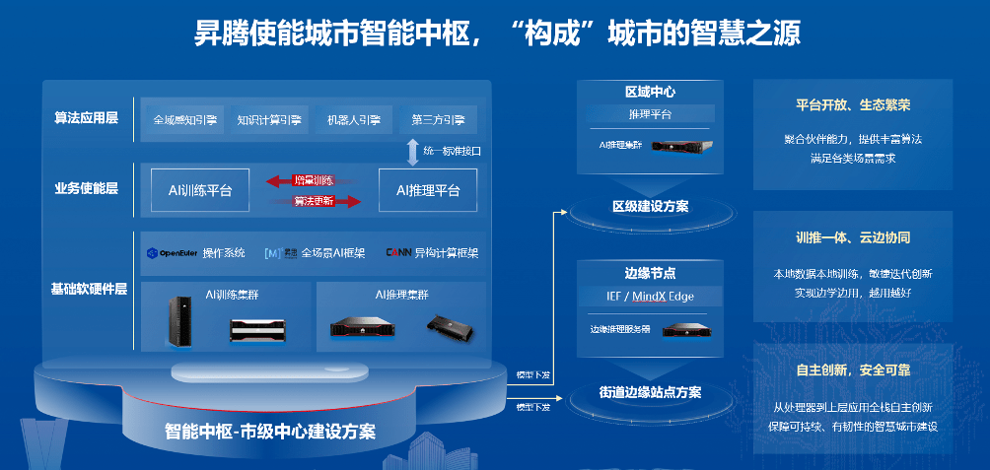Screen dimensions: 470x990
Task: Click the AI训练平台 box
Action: pyautogui.click(x=200, y=190)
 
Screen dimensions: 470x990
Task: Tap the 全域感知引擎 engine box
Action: pyautogui.click(x=184, y=120)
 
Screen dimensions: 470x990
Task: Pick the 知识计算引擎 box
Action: pyautogui.click(x=269, y=120)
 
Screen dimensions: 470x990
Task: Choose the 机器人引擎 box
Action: pyautogui.click(x=353, y=120)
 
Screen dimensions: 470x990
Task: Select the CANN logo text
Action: pyautogui.click(x=399, y=253)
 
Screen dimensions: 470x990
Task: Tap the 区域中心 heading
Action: pyautogui.click(x=650, y=92)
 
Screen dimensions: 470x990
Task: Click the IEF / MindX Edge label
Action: pyautogui.click(x=650, y=297)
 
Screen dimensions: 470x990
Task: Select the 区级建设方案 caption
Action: pyautogui.click(x=650, y=207)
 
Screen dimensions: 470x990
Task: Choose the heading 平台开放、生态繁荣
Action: pyautogui.click(x=852, y=105)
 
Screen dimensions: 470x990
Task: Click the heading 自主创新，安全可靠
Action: pyautogui.click(x=852, y=371)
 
